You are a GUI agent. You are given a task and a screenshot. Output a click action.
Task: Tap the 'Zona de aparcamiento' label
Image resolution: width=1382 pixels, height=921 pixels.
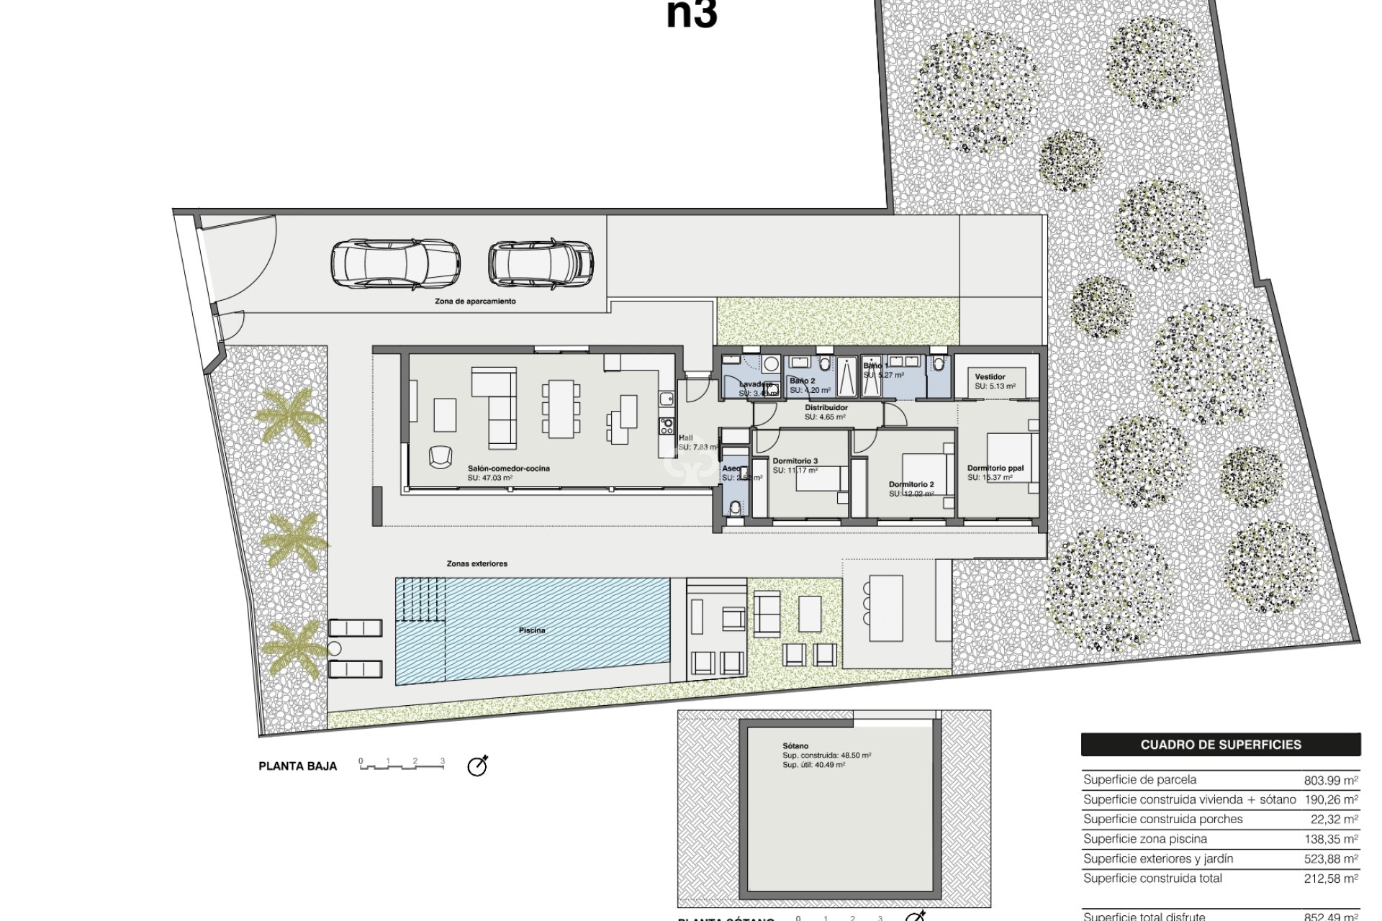click(475, 301)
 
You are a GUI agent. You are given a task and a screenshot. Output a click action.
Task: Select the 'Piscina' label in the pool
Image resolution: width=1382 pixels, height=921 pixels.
click(532, 630)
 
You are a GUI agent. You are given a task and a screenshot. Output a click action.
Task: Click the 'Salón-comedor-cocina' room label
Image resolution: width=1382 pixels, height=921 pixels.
click(508, 468)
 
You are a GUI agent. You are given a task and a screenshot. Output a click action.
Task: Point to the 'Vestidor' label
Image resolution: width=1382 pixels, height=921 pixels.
click(990, 377)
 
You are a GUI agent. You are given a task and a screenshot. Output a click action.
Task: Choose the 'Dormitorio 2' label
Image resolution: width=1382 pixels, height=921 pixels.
click(911, 484)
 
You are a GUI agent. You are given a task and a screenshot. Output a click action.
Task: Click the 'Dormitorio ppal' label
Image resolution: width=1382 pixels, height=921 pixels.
click(995, 468)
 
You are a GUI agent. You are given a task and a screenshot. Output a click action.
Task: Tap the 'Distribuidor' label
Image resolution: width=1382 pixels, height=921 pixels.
click(826, 408)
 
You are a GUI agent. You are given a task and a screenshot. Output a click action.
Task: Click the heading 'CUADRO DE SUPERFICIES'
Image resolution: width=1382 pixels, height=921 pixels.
click(1220, 745)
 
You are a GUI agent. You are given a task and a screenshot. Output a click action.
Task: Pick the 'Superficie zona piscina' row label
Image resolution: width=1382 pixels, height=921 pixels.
click(1144, 839)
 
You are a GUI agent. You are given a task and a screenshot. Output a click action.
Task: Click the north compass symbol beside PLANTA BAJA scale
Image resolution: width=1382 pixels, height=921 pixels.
click(477, 766)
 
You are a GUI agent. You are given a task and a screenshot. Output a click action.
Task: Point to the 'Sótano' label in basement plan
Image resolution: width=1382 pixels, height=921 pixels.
click(795, 746)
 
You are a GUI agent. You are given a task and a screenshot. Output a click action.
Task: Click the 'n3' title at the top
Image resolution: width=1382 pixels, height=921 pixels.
click(691, 14)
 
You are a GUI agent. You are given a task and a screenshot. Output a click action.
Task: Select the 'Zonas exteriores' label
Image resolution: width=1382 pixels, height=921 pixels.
click(477, 563)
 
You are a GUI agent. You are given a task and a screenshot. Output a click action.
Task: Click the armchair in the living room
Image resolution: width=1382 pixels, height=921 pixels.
click(439, 456)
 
